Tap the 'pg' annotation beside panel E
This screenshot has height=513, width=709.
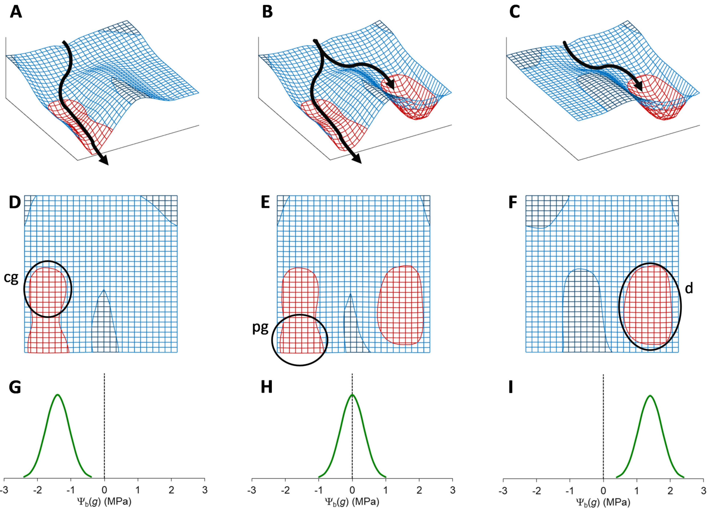tap(260, 328)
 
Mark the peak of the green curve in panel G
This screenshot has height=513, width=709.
tap(58, 395)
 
